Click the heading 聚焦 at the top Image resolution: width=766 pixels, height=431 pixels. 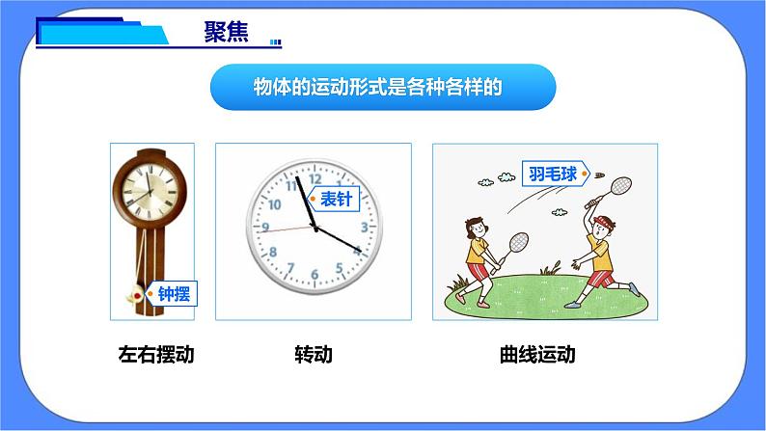(x=226, y=32)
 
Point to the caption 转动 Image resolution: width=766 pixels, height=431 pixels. (x=313, y=354)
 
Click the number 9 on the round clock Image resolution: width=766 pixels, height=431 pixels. (x=266, y=229)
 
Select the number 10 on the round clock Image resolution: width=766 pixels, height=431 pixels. (x=273, y=204)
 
